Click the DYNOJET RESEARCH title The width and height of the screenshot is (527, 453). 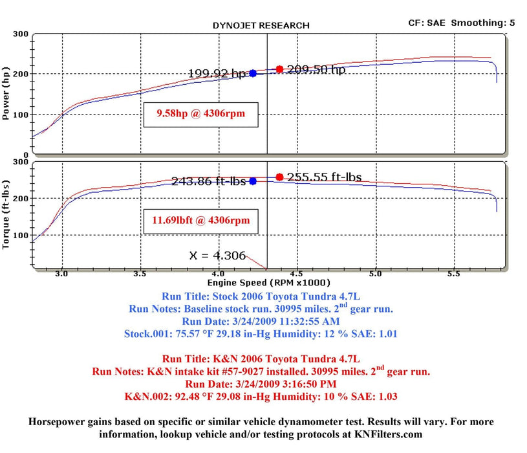pos(261,25)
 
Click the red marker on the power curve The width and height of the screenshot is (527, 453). pos(279,69)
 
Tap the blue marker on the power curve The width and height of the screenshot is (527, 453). pos(253,74)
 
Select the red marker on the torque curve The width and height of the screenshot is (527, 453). pos(279,177)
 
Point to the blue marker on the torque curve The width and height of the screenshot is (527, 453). pos(253,181)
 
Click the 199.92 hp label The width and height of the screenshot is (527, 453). pos(217,74)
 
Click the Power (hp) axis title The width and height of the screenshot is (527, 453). pos(7,94)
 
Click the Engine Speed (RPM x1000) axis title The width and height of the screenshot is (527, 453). pos(268,283)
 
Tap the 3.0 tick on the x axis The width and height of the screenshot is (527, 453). pos(62,274)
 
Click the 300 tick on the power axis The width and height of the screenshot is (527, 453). pos(21,34)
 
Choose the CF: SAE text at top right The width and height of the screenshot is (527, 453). pos(426,23)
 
